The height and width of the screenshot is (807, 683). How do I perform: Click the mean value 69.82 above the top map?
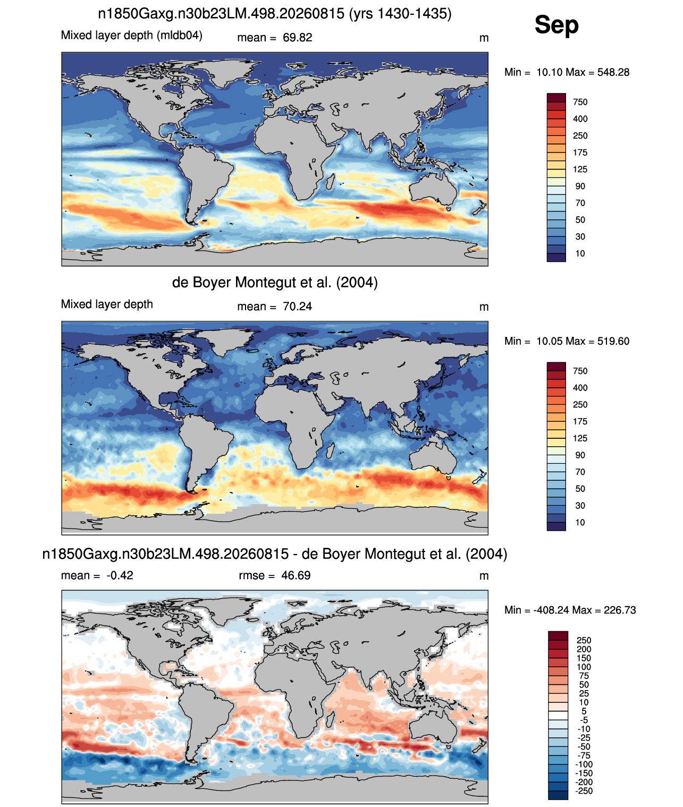tap(297, 38)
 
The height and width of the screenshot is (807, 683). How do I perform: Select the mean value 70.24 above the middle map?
tap(297, 307)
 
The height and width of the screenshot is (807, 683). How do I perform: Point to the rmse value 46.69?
tap(296, 575)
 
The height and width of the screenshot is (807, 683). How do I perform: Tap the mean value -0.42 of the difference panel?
tap(120, 575)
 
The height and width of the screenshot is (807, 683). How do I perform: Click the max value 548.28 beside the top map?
tap(613, 72)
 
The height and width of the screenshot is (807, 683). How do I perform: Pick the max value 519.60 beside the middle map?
tap(613, 341)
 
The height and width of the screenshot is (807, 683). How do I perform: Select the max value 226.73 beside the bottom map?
tap(620, 610)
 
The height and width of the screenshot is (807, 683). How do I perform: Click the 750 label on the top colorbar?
tap(580, 103)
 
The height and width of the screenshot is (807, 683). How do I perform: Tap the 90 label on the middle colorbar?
tap(580, 455)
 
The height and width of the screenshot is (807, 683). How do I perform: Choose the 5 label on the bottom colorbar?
tap(584, 711)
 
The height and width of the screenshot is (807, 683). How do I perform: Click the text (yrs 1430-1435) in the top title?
tap(400, 14)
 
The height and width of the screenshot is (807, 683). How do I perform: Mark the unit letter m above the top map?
tap(484, 38)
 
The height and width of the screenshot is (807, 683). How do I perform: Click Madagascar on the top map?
tap(330, 182)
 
